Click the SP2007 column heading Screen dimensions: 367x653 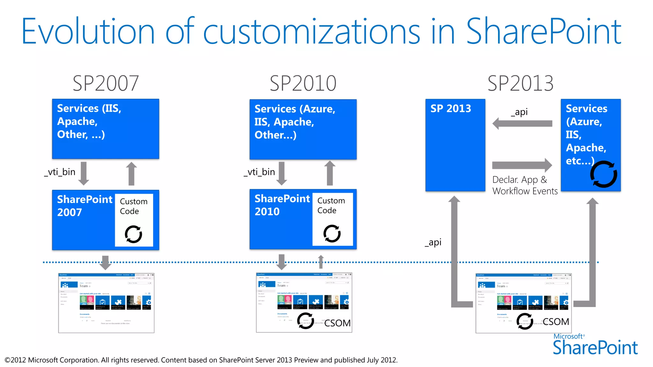pyautogui.click(x=106, y=83)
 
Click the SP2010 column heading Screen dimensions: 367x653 pyautogui.click(x=303, y=83)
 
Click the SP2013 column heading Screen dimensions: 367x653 pyautogui.click(x=520, y=83)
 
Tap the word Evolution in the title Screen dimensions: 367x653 pyautogui.click(x=88, y=32)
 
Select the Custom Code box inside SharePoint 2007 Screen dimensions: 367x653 pyautogui.click(x=134, y=220)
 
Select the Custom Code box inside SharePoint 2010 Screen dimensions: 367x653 pyautogui.click(x=332, y=219)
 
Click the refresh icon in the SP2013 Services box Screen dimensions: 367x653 pyautogui.click(x=603, y=174)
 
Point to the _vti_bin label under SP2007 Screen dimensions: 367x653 pyautogui.click(x=60, y=172)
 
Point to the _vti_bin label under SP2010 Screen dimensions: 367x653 pyautogui.click(x=259, y=172)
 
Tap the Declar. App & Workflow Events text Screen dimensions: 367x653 pyautogui.click(x=525, y=185)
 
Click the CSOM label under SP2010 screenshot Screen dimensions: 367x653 pyautogui.click(x=337, y=323)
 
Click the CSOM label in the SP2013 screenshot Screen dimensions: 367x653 pyautogui.click(x=556, y=322)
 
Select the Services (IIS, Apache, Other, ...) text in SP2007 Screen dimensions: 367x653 pyautogui.click(x=89, y=121)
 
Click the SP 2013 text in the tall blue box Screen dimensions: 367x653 pyautogui.click(x=451, y=109)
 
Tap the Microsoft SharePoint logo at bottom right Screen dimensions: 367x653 pyautogui.click(x=595, y=345)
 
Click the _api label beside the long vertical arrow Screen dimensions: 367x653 pyautogui.click(x=433, y=242)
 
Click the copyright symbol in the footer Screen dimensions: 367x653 pyautogui.click(x=7, y=360)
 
